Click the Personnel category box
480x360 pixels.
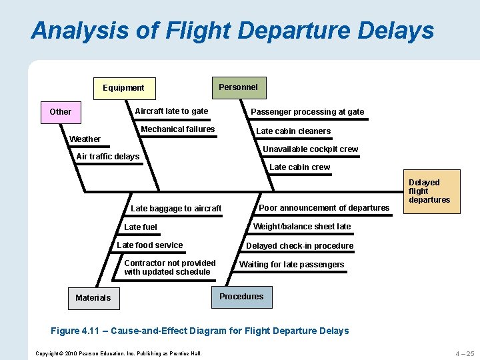tap(238, 87)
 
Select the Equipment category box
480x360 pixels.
tap(123, 88)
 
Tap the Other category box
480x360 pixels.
tap(61, 111)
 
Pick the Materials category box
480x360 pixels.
tap(93, 297)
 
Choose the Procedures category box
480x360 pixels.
tap(241, 297)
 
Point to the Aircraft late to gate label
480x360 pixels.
tap(171, 111)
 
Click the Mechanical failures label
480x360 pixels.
tap(178, 129)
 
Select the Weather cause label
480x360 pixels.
tap(85, 139)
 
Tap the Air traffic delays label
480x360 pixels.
tap(108, 157)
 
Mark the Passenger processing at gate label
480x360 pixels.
tap(307, 112)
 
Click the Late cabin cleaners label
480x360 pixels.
tap(293, 131)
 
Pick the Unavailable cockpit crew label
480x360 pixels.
tap(310, 149)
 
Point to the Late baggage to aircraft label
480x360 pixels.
tap(176, 209)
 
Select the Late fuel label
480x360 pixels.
tap(141, 227)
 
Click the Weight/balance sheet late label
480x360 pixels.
tap(302, 227)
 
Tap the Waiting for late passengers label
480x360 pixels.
tap(292, 265)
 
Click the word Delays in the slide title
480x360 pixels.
tap(386, 31)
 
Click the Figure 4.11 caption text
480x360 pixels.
tap(200, 331)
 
